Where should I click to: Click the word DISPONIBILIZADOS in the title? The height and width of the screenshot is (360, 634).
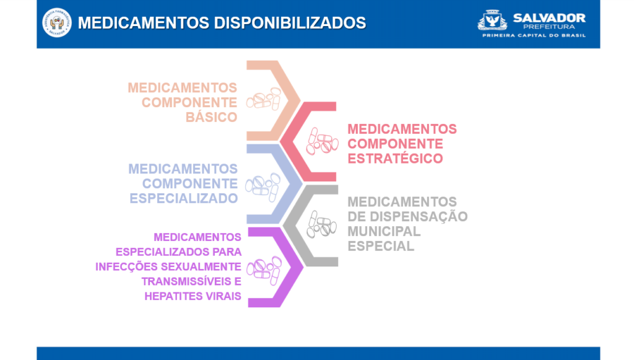[x=290, y=23]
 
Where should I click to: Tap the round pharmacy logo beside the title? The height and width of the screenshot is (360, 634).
[x=57, y=23]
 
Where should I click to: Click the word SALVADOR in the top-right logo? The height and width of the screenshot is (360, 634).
[x=549, y=18]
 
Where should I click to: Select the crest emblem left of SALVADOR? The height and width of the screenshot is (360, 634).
[x=492, y=20]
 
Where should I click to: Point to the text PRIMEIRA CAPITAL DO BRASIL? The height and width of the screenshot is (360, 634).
[x=534, y=35]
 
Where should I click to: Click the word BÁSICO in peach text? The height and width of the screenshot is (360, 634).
[x=212, y=117]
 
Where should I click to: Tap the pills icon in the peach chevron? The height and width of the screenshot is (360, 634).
[x=264, y=99]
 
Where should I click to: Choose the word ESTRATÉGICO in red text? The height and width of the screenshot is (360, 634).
[x=395, y=159]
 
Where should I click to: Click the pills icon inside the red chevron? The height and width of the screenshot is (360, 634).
[x=322, y=141]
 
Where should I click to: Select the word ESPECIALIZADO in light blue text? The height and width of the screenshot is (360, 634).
[x=183, y=199]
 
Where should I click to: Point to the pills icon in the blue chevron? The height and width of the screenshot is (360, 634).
[x=263, y=187]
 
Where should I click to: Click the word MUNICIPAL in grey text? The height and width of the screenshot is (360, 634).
[x=384, y=231]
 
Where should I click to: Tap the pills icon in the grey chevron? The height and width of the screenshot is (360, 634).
[x=321, y=224]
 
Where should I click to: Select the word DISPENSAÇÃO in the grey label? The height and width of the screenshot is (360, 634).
[x=419, y=217]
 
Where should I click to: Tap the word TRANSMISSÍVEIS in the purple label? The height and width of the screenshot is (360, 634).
[x=186, y=281]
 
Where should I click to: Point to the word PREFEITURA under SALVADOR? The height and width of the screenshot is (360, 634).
[x=549, y=27]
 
